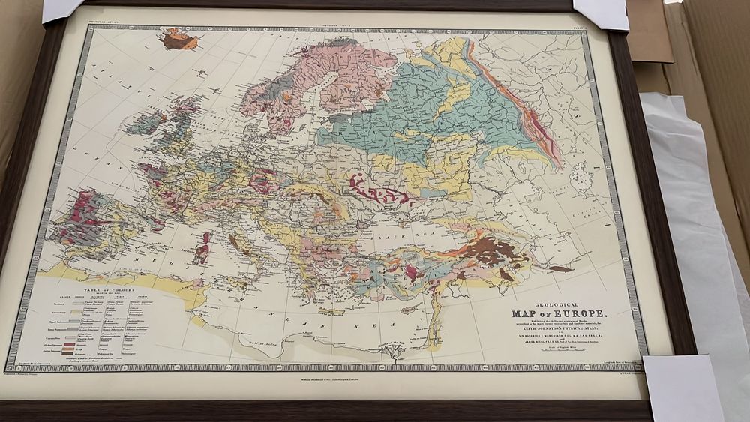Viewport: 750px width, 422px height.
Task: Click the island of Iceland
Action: (x=180, y=39)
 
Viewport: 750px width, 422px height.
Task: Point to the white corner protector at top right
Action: (x=600, y=13)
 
